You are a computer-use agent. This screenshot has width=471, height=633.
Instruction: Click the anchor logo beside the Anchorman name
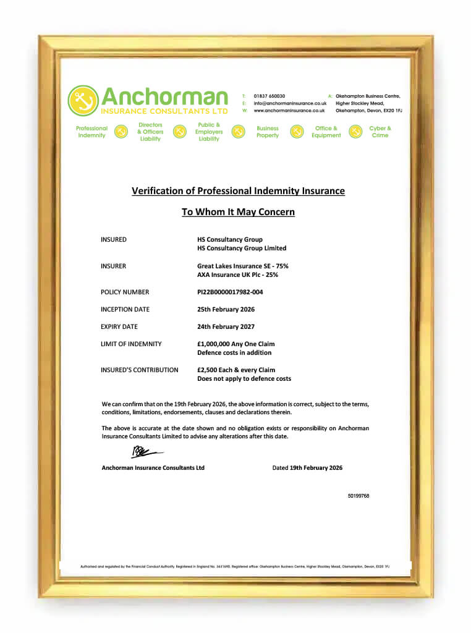pos(83,101)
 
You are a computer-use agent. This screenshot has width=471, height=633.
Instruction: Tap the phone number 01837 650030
pos(269,96)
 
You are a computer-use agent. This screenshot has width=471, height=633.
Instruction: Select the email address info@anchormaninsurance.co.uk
pos(289,103)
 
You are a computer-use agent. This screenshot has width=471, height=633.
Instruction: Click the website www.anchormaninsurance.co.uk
pos(289,111)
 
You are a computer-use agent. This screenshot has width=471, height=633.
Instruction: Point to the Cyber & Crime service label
pos(380,132)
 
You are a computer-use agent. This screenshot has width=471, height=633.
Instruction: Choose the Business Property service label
pos(268,132)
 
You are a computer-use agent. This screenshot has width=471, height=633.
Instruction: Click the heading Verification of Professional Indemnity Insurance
pos(238,191)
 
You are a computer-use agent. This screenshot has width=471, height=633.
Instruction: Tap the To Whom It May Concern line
pos(238,212)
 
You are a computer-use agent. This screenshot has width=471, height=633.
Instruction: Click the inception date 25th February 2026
pos(226,310)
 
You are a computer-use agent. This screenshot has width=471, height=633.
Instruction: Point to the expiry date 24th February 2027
pos(226,327)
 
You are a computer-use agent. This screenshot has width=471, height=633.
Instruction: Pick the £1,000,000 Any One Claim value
pos(235,344)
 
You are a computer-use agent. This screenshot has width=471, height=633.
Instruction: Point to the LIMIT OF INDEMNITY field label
pos(131,344)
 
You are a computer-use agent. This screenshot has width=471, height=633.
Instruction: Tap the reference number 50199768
pos(359,496)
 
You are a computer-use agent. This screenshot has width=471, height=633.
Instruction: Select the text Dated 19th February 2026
pos(307,468)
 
